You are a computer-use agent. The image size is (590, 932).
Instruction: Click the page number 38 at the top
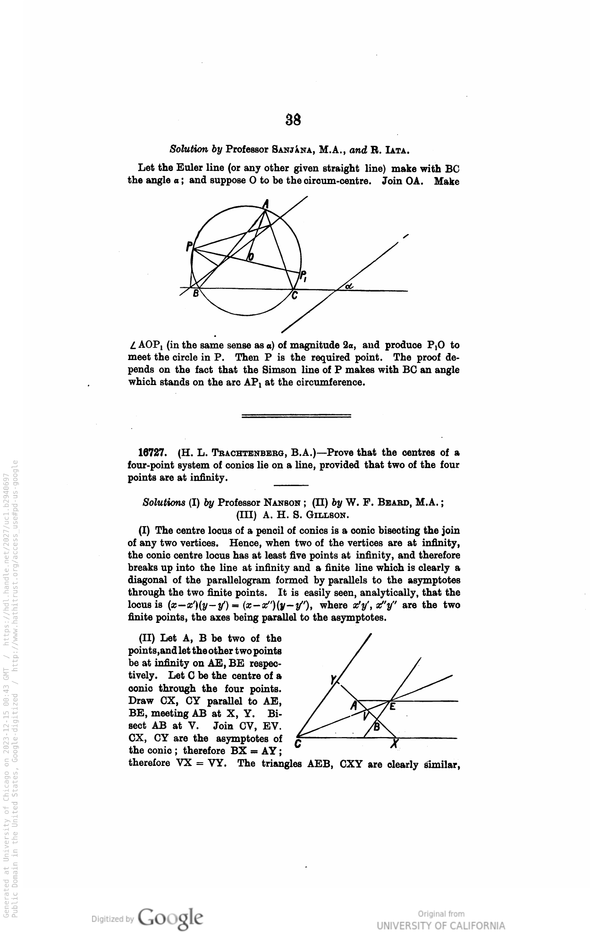tap(294, 120)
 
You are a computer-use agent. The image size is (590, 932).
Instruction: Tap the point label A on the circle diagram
tap(266, 204)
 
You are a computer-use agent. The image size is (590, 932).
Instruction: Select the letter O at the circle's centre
tap(251, 257)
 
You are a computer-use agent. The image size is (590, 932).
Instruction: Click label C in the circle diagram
tap(294, 296)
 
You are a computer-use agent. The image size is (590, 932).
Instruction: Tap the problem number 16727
tap(151, 453)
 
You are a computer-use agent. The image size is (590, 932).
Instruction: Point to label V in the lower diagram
tap(365, 716)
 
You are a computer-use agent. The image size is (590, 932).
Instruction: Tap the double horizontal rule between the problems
tap(296, 416)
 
